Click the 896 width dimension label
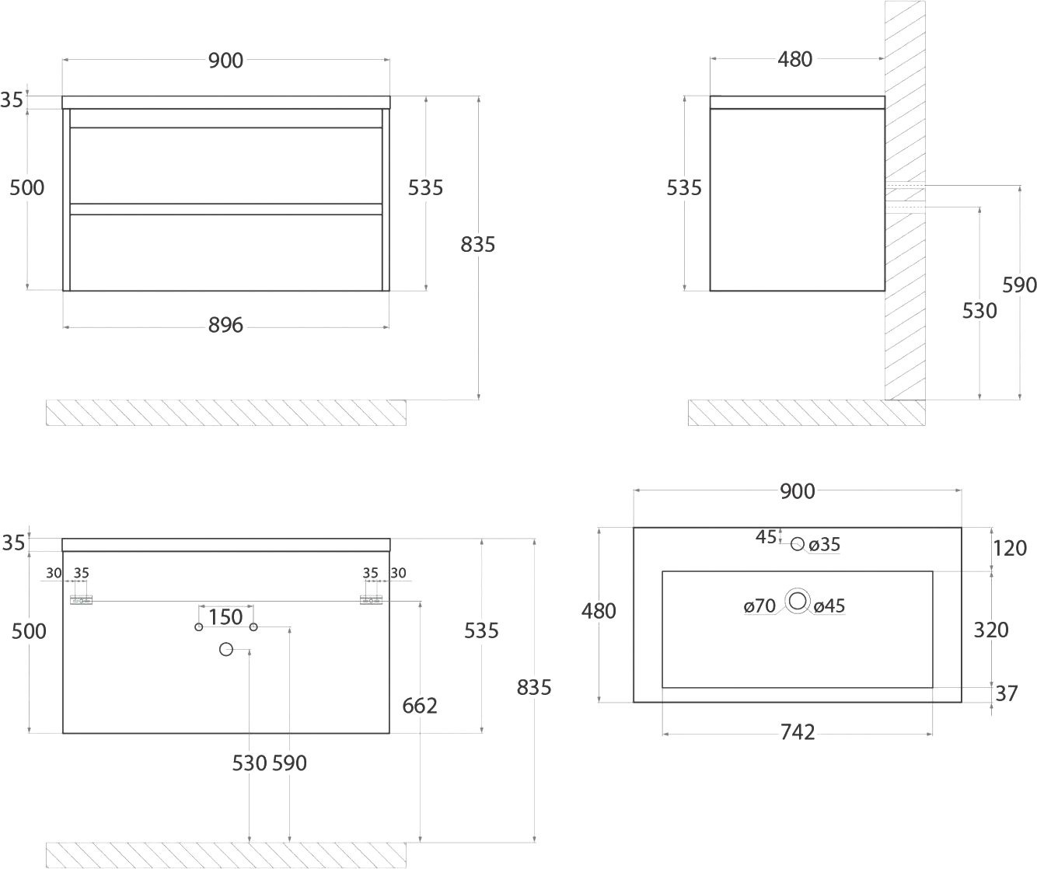click(x=225, y=325)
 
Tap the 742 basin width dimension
click(x=798, y=732)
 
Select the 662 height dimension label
click(x=420, y=706)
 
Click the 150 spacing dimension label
click(x=225, y=617)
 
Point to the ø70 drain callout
click(x=760, y=606)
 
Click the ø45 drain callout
click(x=829, y=606)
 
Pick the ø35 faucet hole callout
click(x=825, y=544)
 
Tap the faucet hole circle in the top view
click(x=798, y=544)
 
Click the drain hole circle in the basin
click(x=798, y=602)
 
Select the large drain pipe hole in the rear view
click(x=226, y=649)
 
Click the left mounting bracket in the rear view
click(x=81, y=600)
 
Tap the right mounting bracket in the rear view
click(x=371, y=600)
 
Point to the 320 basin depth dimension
click(x=991, y=630)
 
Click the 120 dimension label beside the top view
click(x=1010, y=548)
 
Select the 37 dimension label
click(x=1007, y=693)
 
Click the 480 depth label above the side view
click(x=794, y=60)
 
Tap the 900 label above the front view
click(x=225, y=61)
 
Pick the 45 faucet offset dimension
click(x=766, y=537)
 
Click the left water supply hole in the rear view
click(x=199, y=627)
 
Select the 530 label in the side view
click(x=979, y=311)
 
